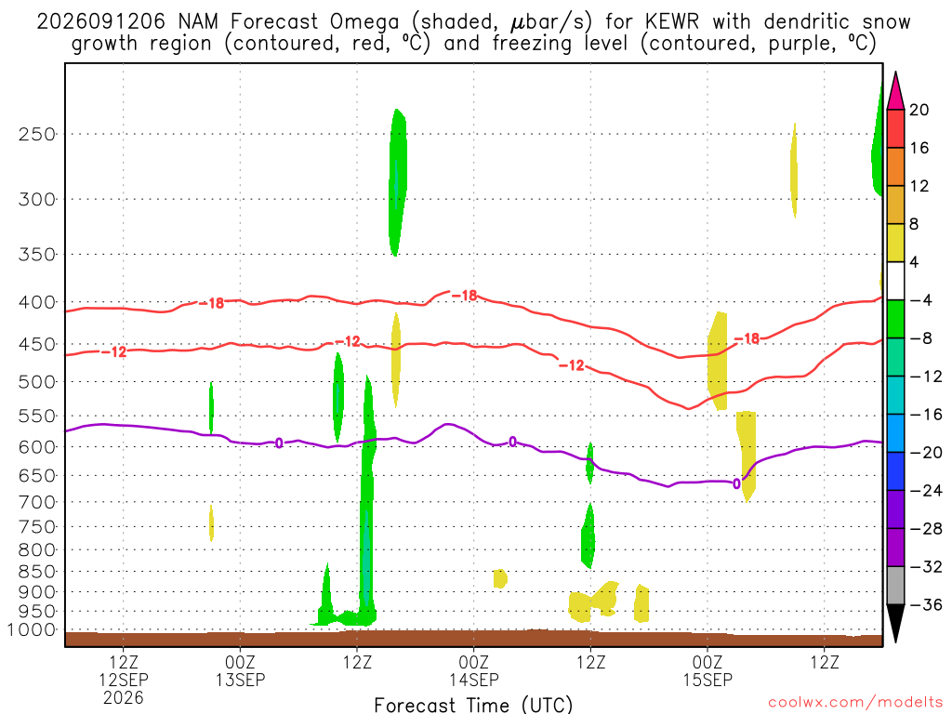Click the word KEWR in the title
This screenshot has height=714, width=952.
point(671,22)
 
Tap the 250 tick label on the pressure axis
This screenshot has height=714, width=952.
point(37,134)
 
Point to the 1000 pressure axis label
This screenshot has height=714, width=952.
point(31,629)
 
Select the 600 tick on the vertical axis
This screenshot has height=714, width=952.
point(37,447)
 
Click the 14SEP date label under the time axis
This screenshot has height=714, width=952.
point(473,680)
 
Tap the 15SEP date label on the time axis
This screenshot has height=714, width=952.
point(707,680)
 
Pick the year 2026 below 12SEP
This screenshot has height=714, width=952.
point(124,697)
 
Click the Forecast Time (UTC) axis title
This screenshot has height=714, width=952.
point(473,705)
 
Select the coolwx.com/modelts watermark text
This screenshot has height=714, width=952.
point(855,703)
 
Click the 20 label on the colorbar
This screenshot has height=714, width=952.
point(919,110)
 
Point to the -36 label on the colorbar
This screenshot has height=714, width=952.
point(925,604)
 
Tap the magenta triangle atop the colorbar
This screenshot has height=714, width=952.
point(895,91)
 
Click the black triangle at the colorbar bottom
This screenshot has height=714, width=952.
point(895,623)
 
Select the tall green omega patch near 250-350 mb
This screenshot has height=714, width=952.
point(397,182)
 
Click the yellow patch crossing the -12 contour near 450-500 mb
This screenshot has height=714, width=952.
point(396,360)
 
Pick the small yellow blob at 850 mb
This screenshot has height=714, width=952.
point(499,578)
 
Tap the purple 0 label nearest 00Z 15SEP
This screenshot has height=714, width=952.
point(736,483)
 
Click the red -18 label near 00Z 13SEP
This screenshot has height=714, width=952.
point(212,303)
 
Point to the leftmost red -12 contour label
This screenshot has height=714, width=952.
point(114,352)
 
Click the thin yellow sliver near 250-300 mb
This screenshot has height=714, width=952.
point(794,170)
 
